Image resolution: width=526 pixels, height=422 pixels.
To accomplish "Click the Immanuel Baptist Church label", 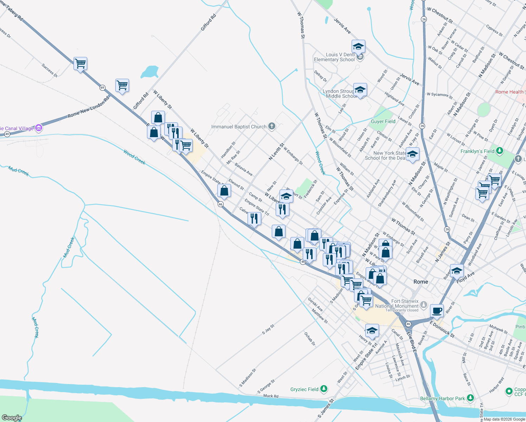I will pyautogui.click(x=239, y=127).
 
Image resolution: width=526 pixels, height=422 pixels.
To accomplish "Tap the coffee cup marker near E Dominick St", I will pyautogui.click(x=437, y=311).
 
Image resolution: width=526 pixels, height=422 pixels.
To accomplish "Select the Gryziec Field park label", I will pyautogui.click(x=304, y=389).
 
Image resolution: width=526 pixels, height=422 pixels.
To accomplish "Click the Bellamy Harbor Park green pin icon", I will pyautogui.click(x=470, y=398).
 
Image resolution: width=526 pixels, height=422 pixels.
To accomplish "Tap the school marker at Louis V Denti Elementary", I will pyautogui.click(x=358, y=46).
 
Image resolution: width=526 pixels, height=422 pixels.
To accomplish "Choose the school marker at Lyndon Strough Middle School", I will pyautogui.click(x=360, y=90).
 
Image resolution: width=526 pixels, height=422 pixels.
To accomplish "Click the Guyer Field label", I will pyautogui.click(x=383, y=121).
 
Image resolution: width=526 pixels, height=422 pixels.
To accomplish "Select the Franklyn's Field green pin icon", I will pyautogui.click(x=500, y=151).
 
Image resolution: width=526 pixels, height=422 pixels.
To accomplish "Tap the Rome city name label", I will pyautogui.click(x=421, y=282).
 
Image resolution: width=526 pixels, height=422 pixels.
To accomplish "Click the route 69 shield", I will pyautogui.click(x=102, y=88).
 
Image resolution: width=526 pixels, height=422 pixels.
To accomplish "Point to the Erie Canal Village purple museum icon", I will pyautogui.click(x=39, y=128).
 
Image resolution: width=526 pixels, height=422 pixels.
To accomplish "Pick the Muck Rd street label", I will pyautogui.click(x=271, y=396).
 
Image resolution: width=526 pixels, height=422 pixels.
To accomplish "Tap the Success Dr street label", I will pyautogui.click(x=50, y=70).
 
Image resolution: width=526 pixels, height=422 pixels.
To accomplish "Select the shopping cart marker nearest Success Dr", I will pyautogui.click(x=81, y=64).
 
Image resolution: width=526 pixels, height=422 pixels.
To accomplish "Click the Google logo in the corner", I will pyautogui.click(x=12, y=418).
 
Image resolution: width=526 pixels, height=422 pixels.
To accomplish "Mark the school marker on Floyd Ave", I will pyautogui.click(x=457, y=270).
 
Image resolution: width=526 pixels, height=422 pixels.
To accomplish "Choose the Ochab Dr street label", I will pyautogui.click(x=310, y=339).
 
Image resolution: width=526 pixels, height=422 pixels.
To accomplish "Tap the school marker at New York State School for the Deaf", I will pyautogui.click(x=412, y=154).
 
